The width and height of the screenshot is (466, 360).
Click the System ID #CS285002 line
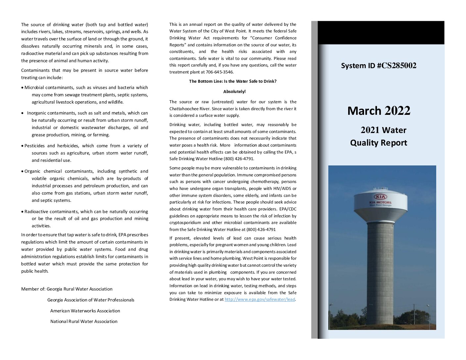pos(379,66)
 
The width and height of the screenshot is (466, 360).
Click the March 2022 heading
pos(379,111)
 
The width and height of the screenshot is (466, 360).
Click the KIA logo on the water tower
pos(380,197)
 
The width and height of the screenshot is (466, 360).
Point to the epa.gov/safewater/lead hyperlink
pos(259,299)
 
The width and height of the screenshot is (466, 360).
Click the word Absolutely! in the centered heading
pos(234,92)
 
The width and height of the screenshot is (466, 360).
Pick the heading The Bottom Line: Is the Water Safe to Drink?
pos(233,81)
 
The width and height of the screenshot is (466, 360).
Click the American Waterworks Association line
pos(85,311)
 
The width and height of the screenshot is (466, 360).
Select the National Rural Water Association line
pos(84,322)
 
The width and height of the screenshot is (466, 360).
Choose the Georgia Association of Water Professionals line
pos(91,300)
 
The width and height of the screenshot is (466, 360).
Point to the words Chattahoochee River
pos(186,109)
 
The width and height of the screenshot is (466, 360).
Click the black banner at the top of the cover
pos(381,33)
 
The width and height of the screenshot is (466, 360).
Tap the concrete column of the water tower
pos(380,271)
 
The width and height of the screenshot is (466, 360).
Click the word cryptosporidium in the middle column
pos(185,223)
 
